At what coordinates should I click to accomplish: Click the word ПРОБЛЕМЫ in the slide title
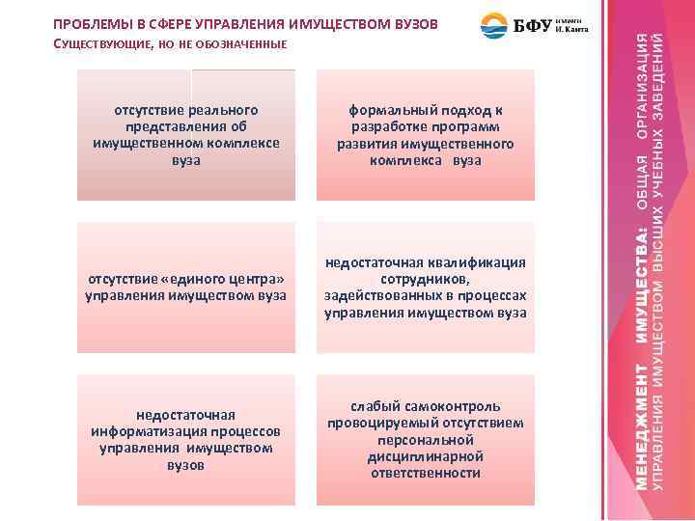tap(89, 22)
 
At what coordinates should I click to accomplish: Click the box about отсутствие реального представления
tap(186, 135)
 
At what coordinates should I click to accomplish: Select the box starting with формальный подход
tap(425, 135)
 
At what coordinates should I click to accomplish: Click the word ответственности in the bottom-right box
tap(425, 473)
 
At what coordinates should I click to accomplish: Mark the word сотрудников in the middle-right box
tap(425, 279)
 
